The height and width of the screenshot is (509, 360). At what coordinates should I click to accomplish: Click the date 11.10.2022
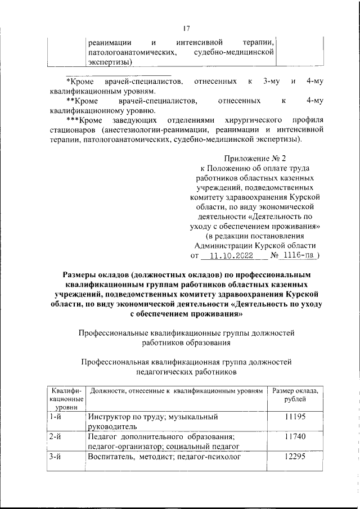coord(229,255)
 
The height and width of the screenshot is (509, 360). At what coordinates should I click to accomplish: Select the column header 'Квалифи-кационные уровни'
coord(66,398)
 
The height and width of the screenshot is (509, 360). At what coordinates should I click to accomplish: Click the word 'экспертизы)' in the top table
coord(110,62)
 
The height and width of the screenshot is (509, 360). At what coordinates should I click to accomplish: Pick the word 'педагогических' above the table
coord(163,372)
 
